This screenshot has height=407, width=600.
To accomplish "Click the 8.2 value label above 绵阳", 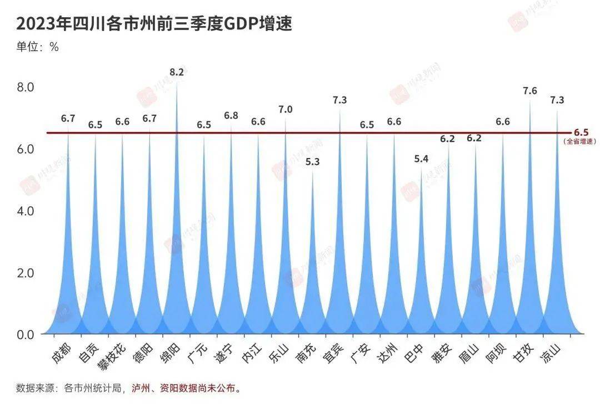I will [x=177, y=72].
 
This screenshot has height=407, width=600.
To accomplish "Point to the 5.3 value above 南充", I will [x=313, y=162].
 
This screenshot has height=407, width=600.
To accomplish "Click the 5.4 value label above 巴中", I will [x=421, y=159].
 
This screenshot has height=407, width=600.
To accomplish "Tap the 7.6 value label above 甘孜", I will [x=530, y=90].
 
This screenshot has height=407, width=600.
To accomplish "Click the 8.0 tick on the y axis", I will [x=26, y=87].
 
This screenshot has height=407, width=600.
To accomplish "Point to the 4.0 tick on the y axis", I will [x=26, y=211].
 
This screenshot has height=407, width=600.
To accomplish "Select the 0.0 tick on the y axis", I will [x=26, y=334].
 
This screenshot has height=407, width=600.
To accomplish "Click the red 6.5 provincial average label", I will [x=581, y=133].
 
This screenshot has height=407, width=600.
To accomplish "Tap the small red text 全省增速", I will [x=580, y=142].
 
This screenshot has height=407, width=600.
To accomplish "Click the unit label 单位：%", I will [x=37, y=47].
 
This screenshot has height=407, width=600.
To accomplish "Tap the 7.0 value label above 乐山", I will [x=286, y=109].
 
